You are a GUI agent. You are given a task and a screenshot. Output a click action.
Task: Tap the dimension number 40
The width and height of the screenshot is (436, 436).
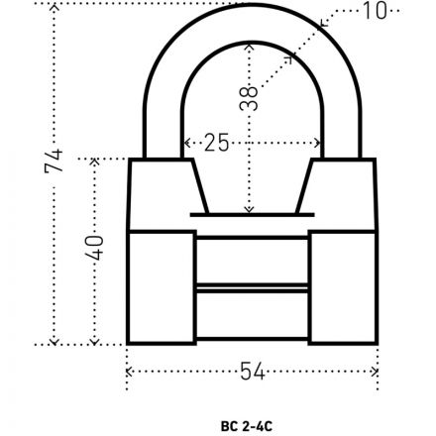coord(96,248)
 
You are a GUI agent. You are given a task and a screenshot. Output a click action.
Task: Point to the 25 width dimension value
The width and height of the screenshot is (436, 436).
coord(215,142)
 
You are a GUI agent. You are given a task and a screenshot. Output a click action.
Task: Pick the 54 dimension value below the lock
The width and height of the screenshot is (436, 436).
coord(252,371)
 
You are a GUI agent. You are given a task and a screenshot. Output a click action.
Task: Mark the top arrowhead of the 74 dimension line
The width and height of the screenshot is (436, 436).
coord(54,7)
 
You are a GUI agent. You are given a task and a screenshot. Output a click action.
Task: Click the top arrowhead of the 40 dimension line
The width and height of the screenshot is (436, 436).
coord(96,162)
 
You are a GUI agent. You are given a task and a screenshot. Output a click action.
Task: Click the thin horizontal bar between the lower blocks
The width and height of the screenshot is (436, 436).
coord(251,286)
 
